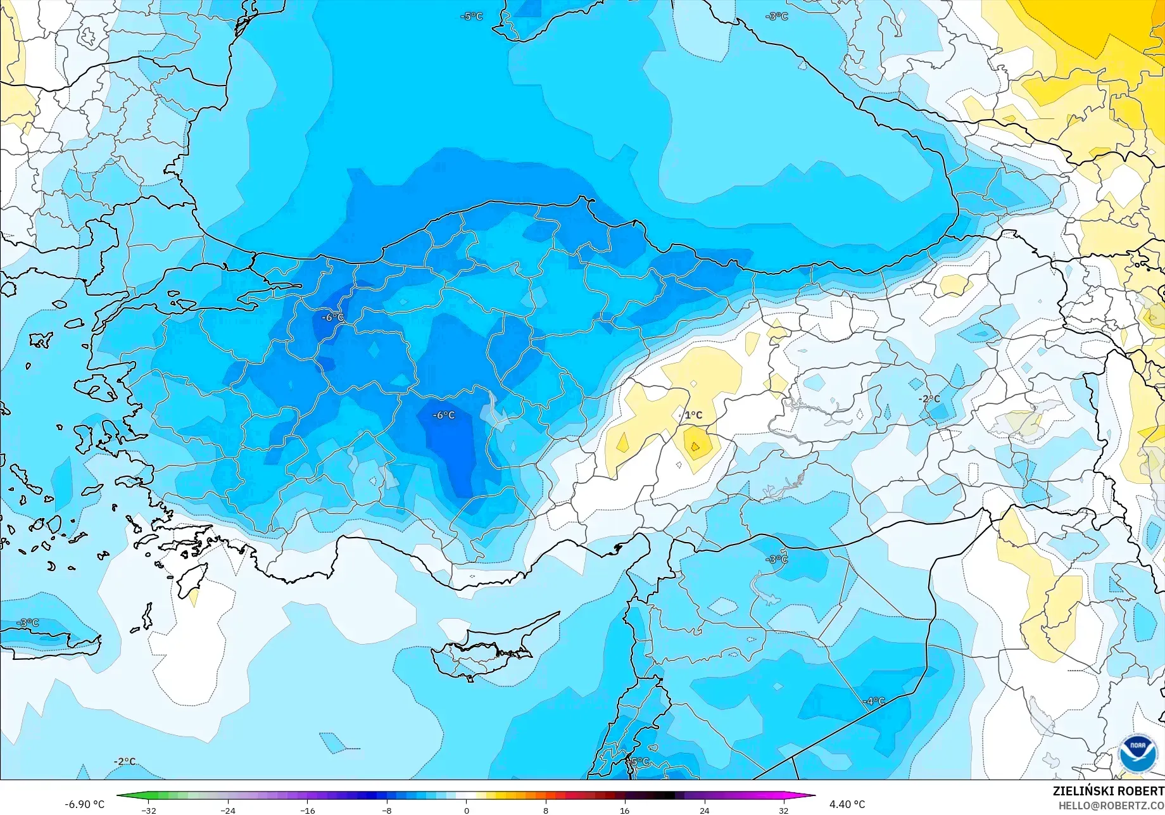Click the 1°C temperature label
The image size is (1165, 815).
click(x=693, y=415)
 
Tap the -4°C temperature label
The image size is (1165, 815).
click(x=874, y=701)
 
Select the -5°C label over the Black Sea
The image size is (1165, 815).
click(x=471, y=16)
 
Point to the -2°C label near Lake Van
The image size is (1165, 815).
click(x=929, y=399)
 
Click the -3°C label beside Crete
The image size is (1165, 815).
click(x=27, y=622)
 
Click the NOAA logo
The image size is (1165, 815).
click(x=1137, y=753)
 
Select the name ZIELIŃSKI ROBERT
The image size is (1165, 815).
click(x=1108, y=791)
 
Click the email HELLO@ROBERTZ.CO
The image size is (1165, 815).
click(x=1111, y=805)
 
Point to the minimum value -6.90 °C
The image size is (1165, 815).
click(x=84, y=804)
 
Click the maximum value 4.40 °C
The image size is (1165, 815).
click(x=847, y=804)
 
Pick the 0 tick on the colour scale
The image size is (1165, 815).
click(x=467, y=811)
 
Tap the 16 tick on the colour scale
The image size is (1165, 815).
click(x=625, y=811)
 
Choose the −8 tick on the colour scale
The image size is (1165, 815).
click(x=387, y=811)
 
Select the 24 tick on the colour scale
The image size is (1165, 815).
click(x=704, y=811)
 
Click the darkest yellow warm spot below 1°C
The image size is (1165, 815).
click(x=695, y=447)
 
